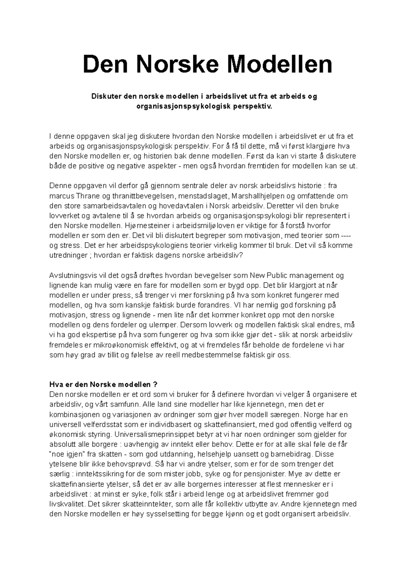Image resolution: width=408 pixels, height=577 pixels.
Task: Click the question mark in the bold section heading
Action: pyautogui.click(x=155, y=385)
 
